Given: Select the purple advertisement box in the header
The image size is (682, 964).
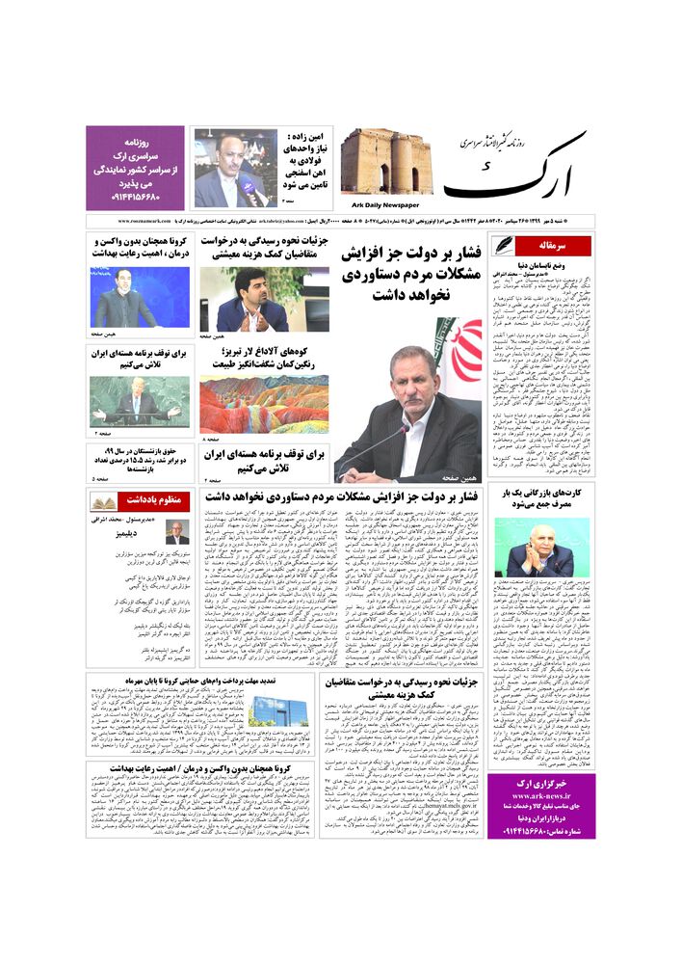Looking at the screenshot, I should point(135,167).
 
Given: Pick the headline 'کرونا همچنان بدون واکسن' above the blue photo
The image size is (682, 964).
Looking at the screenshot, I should point(139,246).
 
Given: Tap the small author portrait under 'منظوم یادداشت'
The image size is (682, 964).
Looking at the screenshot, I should point(176,533).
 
